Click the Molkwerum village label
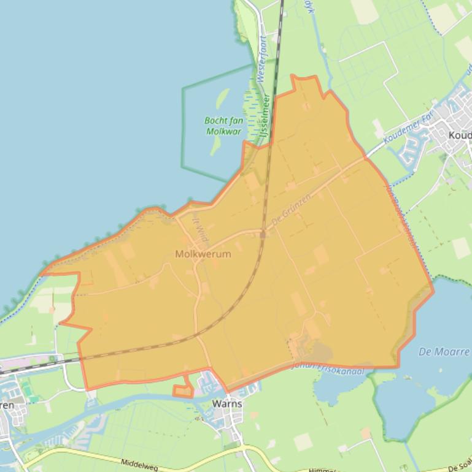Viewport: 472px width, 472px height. [203, 254]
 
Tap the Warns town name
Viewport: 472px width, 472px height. [226, 404]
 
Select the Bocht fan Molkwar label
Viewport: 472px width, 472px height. [223, 126]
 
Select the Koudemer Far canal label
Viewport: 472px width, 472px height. [408, 130]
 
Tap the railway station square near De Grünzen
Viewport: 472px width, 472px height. [262, 234]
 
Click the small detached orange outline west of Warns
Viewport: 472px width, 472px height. [182, 391]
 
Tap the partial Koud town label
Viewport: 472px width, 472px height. [460, 135]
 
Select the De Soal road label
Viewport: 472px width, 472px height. [457, 467]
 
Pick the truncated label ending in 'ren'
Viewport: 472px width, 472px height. [7, 405]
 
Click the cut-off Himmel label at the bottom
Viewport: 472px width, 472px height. [322, 469]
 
